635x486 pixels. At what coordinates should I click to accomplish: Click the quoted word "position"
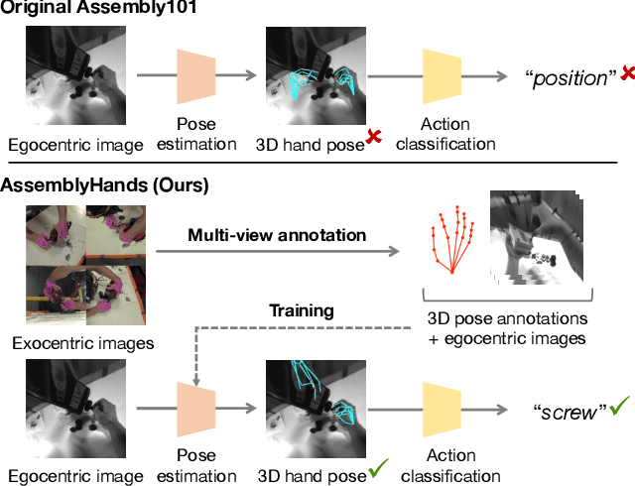tap(570, 77)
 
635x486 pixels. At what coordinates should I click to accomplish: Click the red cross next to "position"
tap(627, 71)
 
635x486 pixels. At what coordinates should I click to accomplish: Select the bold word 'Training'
tap(303, 310)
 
